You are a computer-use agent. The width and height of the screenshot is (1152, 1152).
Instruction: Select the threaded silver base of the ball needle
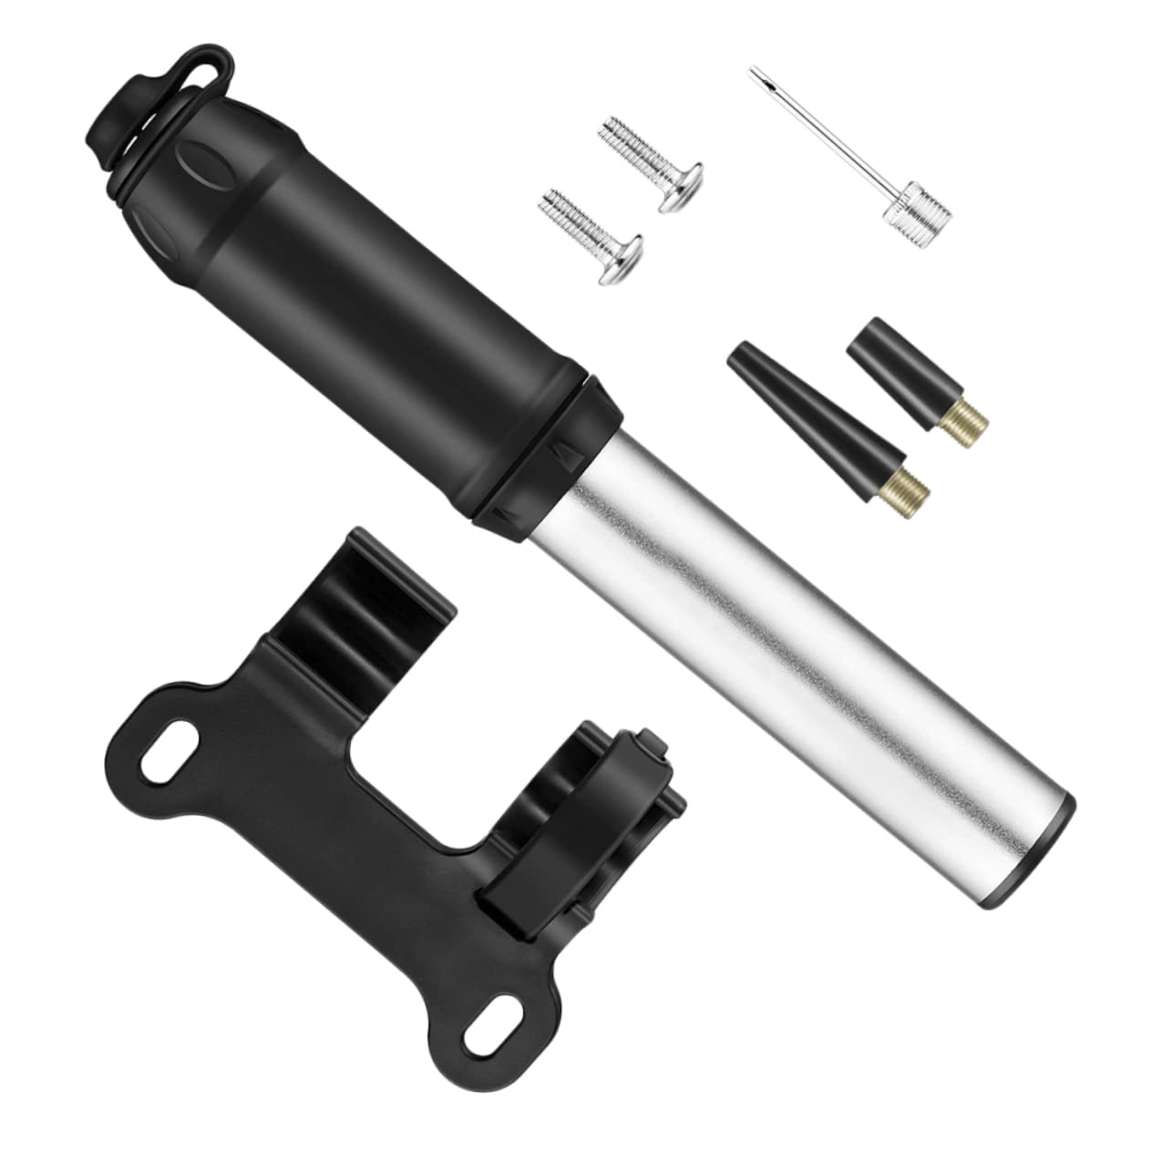[916, 207]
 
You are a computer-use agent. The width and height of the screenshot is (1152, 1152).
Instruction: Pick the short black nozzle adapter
[884, 365]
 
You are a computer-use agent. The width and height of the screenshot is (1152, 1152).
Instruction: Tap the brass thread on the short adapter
[958, 418]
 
